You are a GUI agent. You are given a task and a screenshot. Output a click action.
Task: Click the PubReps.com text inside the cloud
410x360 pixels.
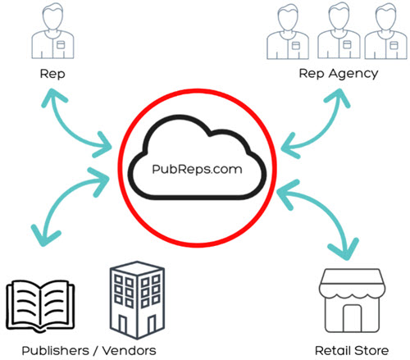click(x=197, y=170)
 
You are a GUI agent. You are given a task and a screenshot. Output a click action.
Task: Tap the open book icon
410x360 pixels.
click(x=40, y=305)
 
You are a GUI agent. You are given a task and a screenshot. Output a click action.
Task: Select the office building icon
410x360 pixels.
click(x=137, y=300)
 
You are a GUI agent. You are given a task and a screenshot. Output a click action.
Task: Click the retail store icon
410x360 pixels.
click(x=353, y=300)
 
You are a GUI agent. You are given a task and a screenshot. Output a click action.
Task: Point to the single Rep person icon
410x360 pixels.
click(x=52, y=30)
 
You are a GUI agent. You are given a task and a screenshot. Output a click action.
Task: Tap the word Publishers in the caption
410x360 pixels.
click(x=56, y=351)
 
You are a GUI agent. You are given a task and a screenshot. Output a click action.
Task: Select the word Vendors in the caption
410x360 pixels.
click(x=130, y=351)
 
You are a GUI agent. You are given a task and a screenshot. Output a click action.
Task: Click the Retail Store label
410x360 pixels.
click(x=352, y=351)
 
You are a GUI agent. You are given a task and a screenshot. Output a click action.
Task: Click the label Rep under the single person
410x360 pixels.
click(x=52, y=74)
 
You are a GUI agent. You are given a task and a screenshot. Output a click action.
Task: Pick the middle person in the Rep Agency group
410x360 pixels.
click(x=339, y=30)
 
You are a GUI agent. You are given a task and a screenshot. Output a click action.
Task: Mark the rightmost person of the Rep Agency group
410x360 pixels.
click(x=385, y=30)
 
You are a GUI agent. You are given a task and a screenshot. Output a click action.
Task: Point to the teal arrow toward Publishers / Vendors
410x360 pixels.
click(x=59, y=197)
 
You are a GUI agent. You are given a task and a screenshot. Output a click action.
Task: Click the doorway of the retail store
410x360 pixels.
click(x=353, y=318)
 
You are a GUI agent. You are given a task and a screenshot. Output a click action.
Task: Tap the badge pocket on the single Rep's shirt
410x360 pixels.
click(x=61, y=45)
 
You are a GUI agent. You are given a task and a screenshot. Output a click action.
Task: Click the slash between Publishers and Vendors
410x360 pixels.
click(x=96, y=351)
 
